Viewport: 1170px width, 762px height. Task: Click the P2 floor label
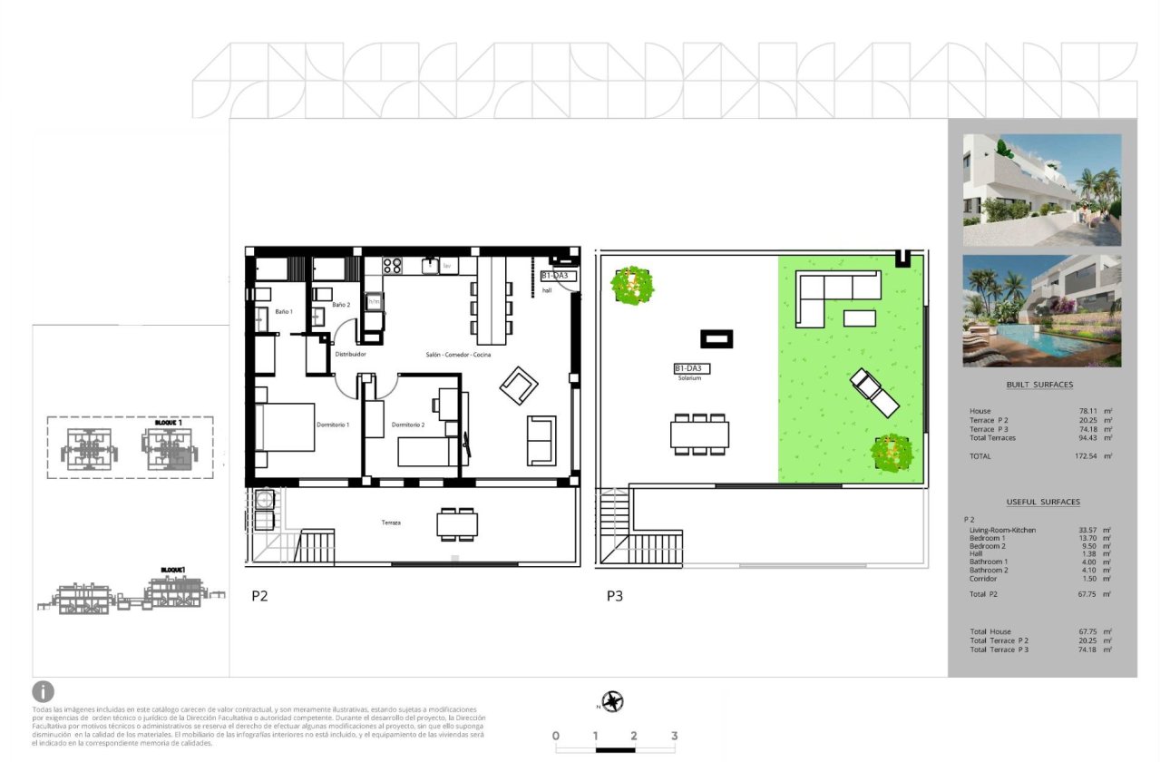[x=259, y=597]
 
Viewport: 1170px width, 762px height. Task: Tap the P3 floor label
[x=616, y=597]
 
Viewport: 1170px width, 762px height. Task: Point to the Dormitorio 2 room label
[x=408, y=425]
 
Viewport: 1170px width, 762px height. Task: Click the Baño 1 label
[x=284, y=311]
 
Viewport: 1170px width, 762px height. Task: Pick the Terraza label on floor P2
[x=392, y=523]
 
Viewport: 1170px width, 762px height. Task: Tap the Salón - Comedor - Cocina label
[x=457, y=355]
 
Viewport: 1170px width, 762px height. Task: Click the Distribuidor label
[x=350, y=355]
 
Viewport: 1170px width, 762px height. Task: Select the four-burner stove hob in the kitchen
[x=393, y=266]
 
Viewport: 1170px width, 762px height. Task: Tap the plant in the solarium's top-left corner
[x=632, y=286]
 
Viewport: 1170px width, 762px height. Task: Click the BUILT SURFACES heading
[x=1039, y=385]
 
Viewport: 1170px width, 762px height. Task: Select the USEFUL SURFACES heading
[x=1043, y=502]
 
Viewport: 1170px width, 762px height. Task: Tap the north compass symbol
[x=613, y=701]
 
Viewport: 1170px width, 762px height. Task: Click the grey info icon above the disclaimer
[x=44, y=692]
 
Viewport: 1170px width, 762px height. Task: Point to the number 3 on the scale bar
[x=674, y=736]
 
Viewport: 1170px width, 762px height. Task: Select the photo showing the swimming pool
[x=1042, y=310]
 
